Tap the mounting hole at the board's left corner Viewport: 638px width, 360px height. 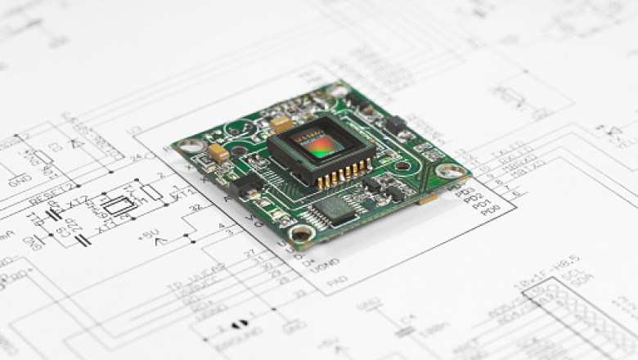coord(191,146)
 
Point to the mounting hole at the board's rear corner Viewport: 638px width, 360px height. coord(338,90)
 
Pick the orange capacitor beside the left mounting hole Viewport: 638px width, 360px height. coord(218,152)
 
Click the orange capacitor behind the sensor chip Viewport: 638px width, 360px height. coord(281,124)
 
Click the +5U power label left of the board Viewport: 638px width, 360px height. coord(149,235)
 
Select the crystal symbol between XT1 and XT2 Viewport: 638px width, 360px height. coord(119,205)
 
